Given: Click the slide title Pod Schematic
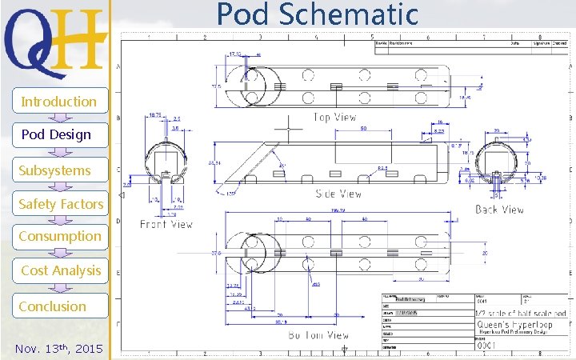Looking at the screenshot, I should pos(318,14).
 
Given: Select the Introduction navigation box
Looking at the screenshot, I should pos(58,102).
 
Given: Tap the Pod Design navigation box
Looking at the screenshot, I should pos(56,134).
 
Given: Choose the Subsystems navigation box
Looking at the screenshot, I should pos(56,170).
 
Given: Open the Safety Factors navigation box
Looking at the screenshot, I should pos(61,204).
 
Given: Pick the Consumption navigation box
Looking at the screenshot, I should pos(60,236).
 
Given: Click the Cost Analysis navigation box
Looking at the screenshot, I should pos(61,270).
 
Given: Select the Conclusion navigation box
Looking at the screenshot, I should pos(54,306).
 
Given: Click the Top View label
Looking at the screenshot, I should pos(334,118).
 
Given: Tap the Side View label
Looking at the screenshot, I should pos(338,194).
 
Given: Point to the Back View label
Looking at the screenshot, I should pos(499,210).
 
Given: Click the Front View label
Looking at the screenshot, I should pos(166,225).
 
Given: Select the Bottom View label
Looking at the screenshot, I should pos(318,335).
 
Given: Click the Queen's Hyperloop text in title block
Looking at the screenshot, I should pos(512,326).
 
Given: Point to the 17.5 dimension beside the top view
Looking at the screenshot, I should pos(216,86).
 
